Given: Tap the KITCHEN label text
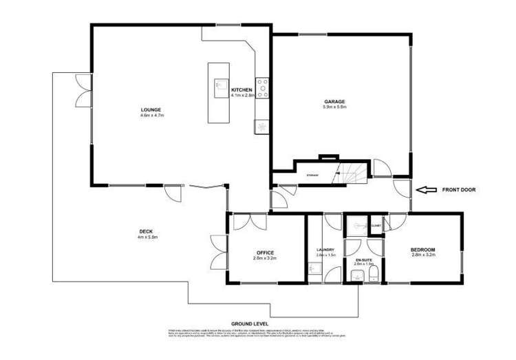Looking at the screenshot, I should [241, 90].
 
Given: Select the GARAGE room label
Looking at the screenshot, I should [334, 102].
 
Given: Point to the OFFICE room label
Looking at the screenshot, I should [265, 253].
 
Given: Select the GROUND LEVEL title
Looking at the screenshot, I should [250, 323].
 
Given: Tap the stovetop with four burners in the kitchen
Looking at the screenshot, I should [262, 88].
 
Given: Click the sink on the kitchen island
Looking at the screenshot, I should [219, 87].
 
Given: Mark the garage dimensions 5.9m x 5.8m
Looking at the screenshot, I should [334, 107].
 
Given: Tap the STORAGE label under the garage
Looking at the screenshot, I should [312, 176].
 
